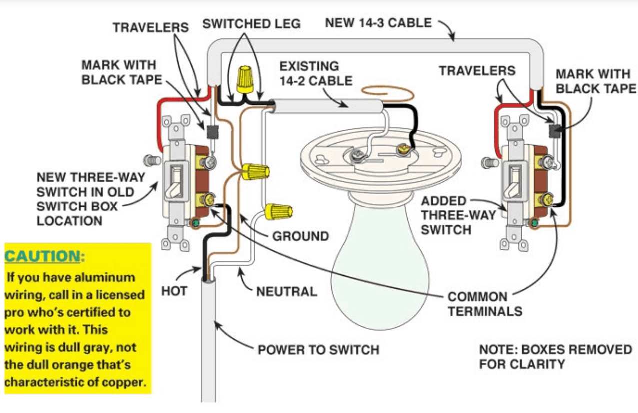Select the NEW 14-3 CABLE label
378,23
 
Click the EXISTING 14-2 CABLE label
315,73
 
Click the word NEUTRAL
286,291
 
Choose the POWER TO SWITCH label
318,350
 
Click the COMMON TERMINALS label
484,304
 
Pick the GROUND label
300,236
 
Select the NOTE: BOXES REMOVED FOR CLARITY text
555,356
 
